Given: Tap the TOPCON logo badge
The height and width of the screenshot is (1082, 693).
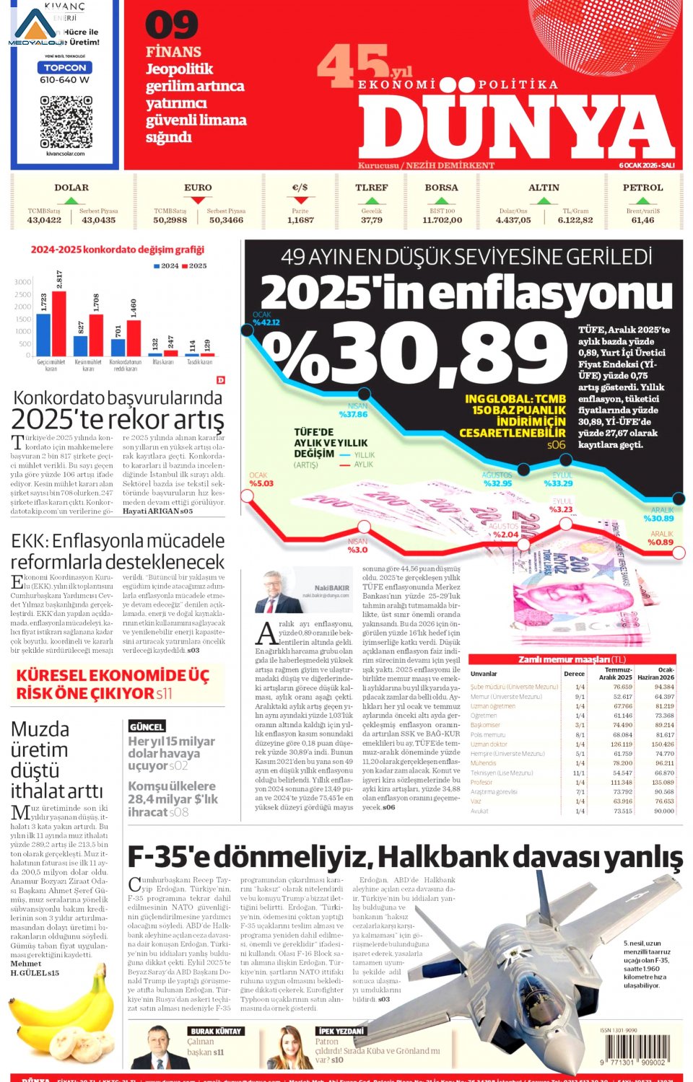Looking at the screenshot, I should (65, 67).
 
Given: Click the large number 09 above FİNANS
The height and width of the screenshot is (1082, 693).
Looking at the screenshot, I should (171, 26).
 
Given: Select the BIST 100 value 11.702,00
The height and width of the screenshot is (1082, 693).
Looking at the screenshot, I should (442, 220).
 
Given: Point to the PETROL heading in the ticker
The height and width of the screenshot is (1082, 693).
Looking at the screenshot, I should (642, 188).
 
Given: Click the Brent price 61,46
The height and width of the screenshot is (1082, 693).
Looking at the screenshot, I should (642, 220).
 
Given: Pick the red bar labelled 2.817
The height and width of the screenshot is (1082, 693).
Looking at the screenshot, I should (59, 323).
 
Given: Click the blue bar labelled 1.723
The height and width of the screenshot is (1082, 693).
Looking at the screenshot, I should (44, 335).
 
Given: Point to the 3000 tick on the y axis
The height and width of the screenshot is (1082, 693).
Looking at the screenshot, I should (23, 282).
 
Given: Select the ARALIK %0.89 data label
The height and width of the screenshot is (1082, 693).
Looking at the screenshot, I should (660, 538).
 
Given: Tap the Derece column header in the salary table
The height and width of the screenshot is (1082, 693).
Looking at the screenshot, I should (574, 674).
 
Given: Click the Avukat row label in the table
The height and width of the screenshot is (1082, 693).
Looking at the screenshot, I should (479, 811).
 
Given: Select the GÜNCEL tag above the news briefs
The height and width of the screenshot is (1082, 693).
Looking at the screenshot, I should (147, 726).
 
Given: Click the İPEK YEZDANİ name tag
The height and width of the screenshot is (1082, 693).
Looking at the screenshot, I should (341, 1031).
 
